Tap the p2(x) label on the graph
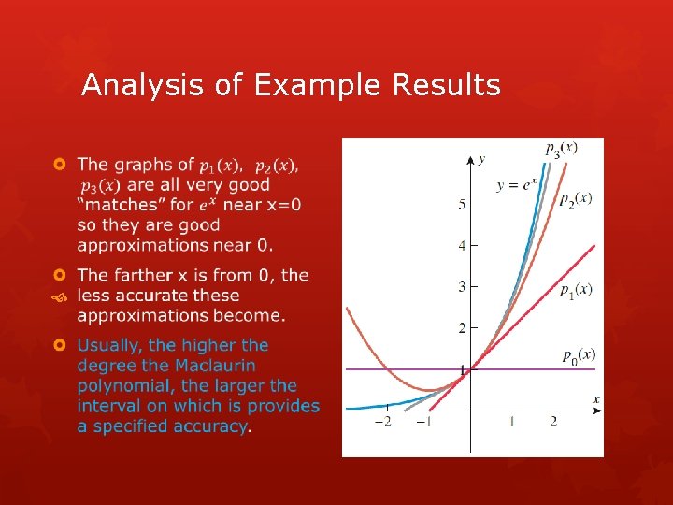coord(575,198)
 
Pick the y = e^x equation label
coord(516,185)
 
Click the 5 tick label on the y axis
coord(462,204)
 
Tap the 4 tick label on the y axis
coord(462,246)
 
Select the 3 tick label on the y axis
coord(462,286)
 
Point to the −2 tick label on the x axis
coord(383,422)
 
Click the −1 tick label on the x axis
coord(423,422)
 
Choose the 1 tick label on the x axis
coord(511,422)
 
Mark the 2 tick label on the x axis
coord(552,422)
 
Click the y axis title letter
coord(480,160)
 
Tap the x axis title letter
coord(595,399)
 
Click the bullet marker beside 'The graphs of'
coord(59,165)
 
